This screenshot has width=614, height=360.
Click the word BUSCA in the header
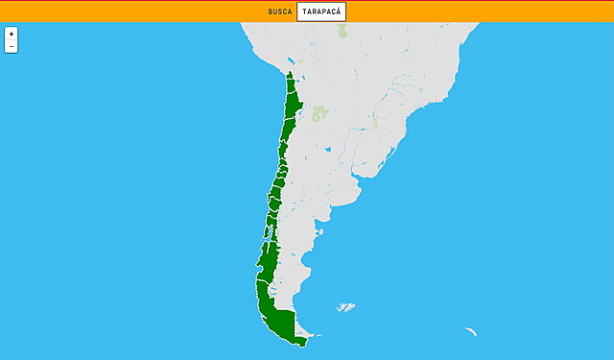point(280,12)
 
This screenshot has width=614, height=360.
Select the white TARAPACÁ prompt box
point(321,12)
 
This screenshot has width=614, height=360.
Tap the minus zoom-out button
point(11,46)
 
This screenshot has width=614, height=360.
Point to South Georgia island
point(470,331)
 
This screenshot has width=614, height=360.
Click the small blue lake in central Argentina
point(328,149)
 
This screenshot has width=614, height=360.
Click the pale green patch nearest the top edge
point(342,30)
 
